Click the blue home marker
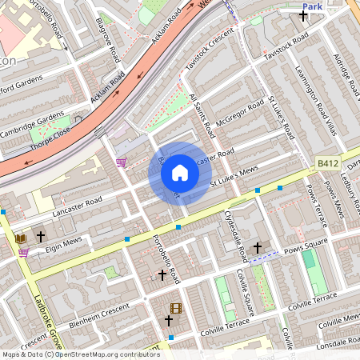180,172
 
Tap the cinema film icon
176,308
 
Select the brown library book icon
21,238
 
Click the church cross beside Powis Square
257,247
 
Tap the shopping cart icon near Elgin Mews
23,253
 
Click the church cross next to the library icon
40,238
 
